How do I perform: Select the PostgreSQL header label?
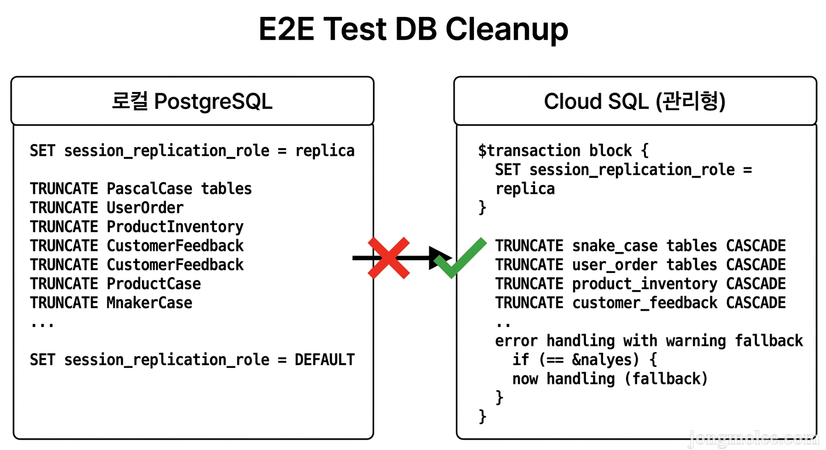click(x=213, y=101)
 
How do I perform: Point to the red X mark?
click(x=388, y=258)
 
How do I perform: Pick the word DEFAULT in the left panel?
click(x=324, y=359)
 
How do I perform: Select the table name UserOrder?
click(x=145, y=207)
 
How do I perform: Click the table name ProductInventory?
click(x=175, y=227)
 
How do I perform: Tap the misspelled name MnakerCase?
click(x=149, y=303)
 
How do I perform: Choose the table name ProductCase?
click(x=153, y=284)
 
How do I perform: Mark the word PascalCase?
click(x=149, y=189)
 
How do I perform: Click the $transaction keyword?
click(x=529, y=151)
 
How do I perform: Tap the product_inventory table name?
click(x=645, y=284)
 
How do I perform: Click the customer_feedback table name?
click(x=645, y=303)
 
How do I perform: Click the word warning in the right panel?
click(x=696, y=340)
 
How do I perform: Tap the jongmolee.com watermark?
click(x=753, y=438)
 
